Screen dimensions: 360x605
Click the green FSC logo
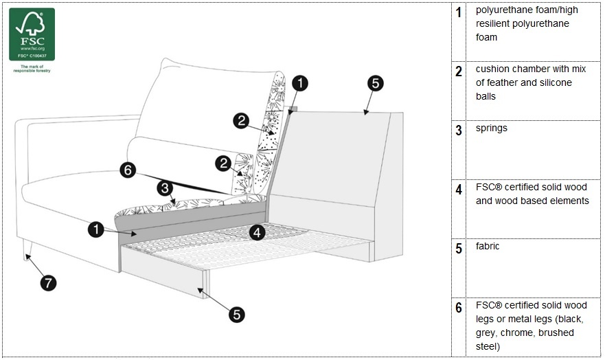point(32,34)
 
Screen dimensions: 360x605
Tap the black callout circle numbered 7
point(48,282)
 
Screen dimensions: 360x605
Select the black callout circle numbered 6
point(128,170)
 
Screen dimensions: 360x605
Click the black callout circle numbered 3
point(165,188)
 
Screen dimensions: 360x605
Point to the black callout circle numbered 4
point(257,232)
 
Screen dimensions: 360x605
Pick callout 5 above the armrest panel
point(375,84)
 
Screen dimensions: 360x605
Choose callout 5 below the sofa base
point(236,314)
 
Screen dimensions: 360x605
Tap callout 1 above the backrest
point(300,84)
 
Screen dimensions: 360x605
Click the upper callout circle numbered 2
point(240,121)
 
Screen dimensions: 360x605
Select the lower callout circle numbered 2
point(222,163)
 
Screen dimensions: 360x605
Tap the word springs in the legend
point(492,128)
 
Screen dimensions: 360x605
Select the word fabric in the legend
point(488,247)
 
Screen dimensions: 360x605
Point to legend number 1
point(459,13)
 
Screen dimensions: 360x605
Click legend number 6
point(459,308)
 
